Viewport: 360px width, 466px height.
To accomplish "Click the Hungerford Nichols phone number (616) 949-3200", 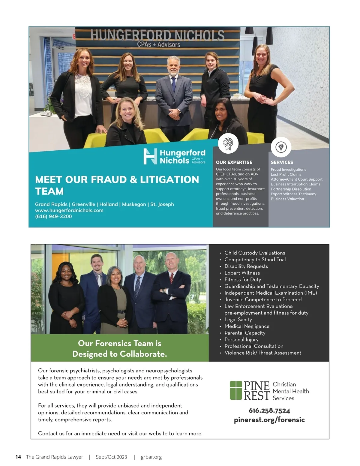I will pyautogui.click(x=53, y=216).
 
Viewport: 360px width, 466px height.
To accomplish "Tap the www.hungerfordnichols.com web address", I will pyautogui.click(x=69, y=210).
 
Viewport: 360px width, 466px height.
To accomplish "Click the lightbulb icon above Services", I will pyautogui.click(x=281, y=147).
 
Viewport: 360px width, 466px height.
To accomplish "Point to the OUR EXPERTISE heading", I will pyautogui.click(x=234, y=162).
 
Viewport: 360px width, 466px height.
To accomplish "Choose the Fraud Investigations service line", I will pyautogui.click(x=288, y=170).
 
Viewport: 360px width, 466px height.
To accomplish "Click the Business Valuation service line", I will pyautogui.click(x=287, y=199).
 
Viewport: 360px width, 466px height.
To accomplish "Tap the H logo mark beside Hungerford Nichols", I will pyautogui.click(x=150, y=156).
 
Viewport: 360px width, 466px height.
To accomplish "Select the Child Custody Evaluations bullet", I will pyautogui.click(x=255, y=253).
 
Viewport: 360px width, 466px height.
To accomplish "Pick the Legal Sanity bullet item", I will pyautogui.click(x=238, y=320).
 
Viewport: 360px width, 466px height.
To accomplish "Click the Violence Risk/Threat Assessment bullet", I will pyautogui.click(x=262, y=353).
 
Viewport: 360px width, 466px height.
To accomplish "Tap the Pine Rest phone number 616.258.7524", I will pyautogui.click(x=269, y=410).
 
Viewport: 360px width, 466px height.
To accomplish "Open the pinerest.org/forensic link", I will pyautogui.click(x=269, y=420).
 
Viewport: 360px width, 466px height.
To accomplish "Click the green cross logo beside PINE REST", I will pyautogui.click(x=236, y=390).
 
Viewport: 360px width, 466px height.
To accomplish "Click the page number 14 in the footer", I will pyautogui.click(x=18, y=457).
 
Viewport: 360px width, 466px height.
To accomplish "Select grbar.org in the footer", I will pyautogui.click(x=151, y=457).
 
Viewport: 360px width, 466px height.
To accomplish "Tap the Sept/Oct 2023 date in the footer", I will pyautogui.click(x=111, y=457).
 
